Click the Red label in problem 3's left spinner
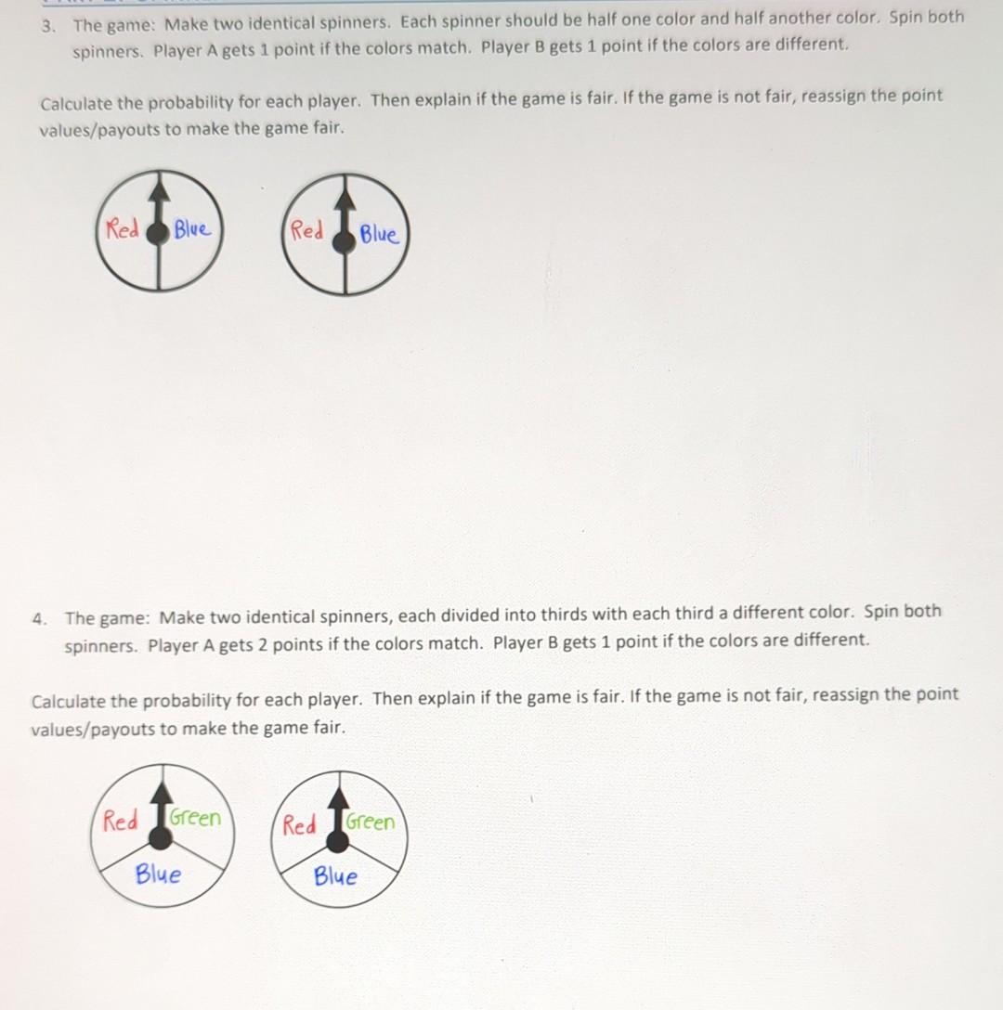click(123, 229)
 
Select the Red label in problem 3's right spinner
click(307, 230)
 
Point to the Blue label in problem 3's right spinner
click(379, 234)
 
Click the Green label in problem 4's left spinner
click(196, 818)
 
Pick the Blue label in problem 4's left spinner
click(158, 874)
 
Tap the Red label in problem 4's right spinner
click(299, 824)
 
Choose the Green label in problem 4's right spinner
click(371, 822)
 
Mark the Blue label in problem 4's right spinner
click(335, 875)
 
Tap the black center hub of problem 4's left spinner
click(161, 838)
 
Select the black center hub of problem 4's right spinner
click(339, 841)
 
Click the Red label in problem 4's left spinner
click(121, 821)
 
